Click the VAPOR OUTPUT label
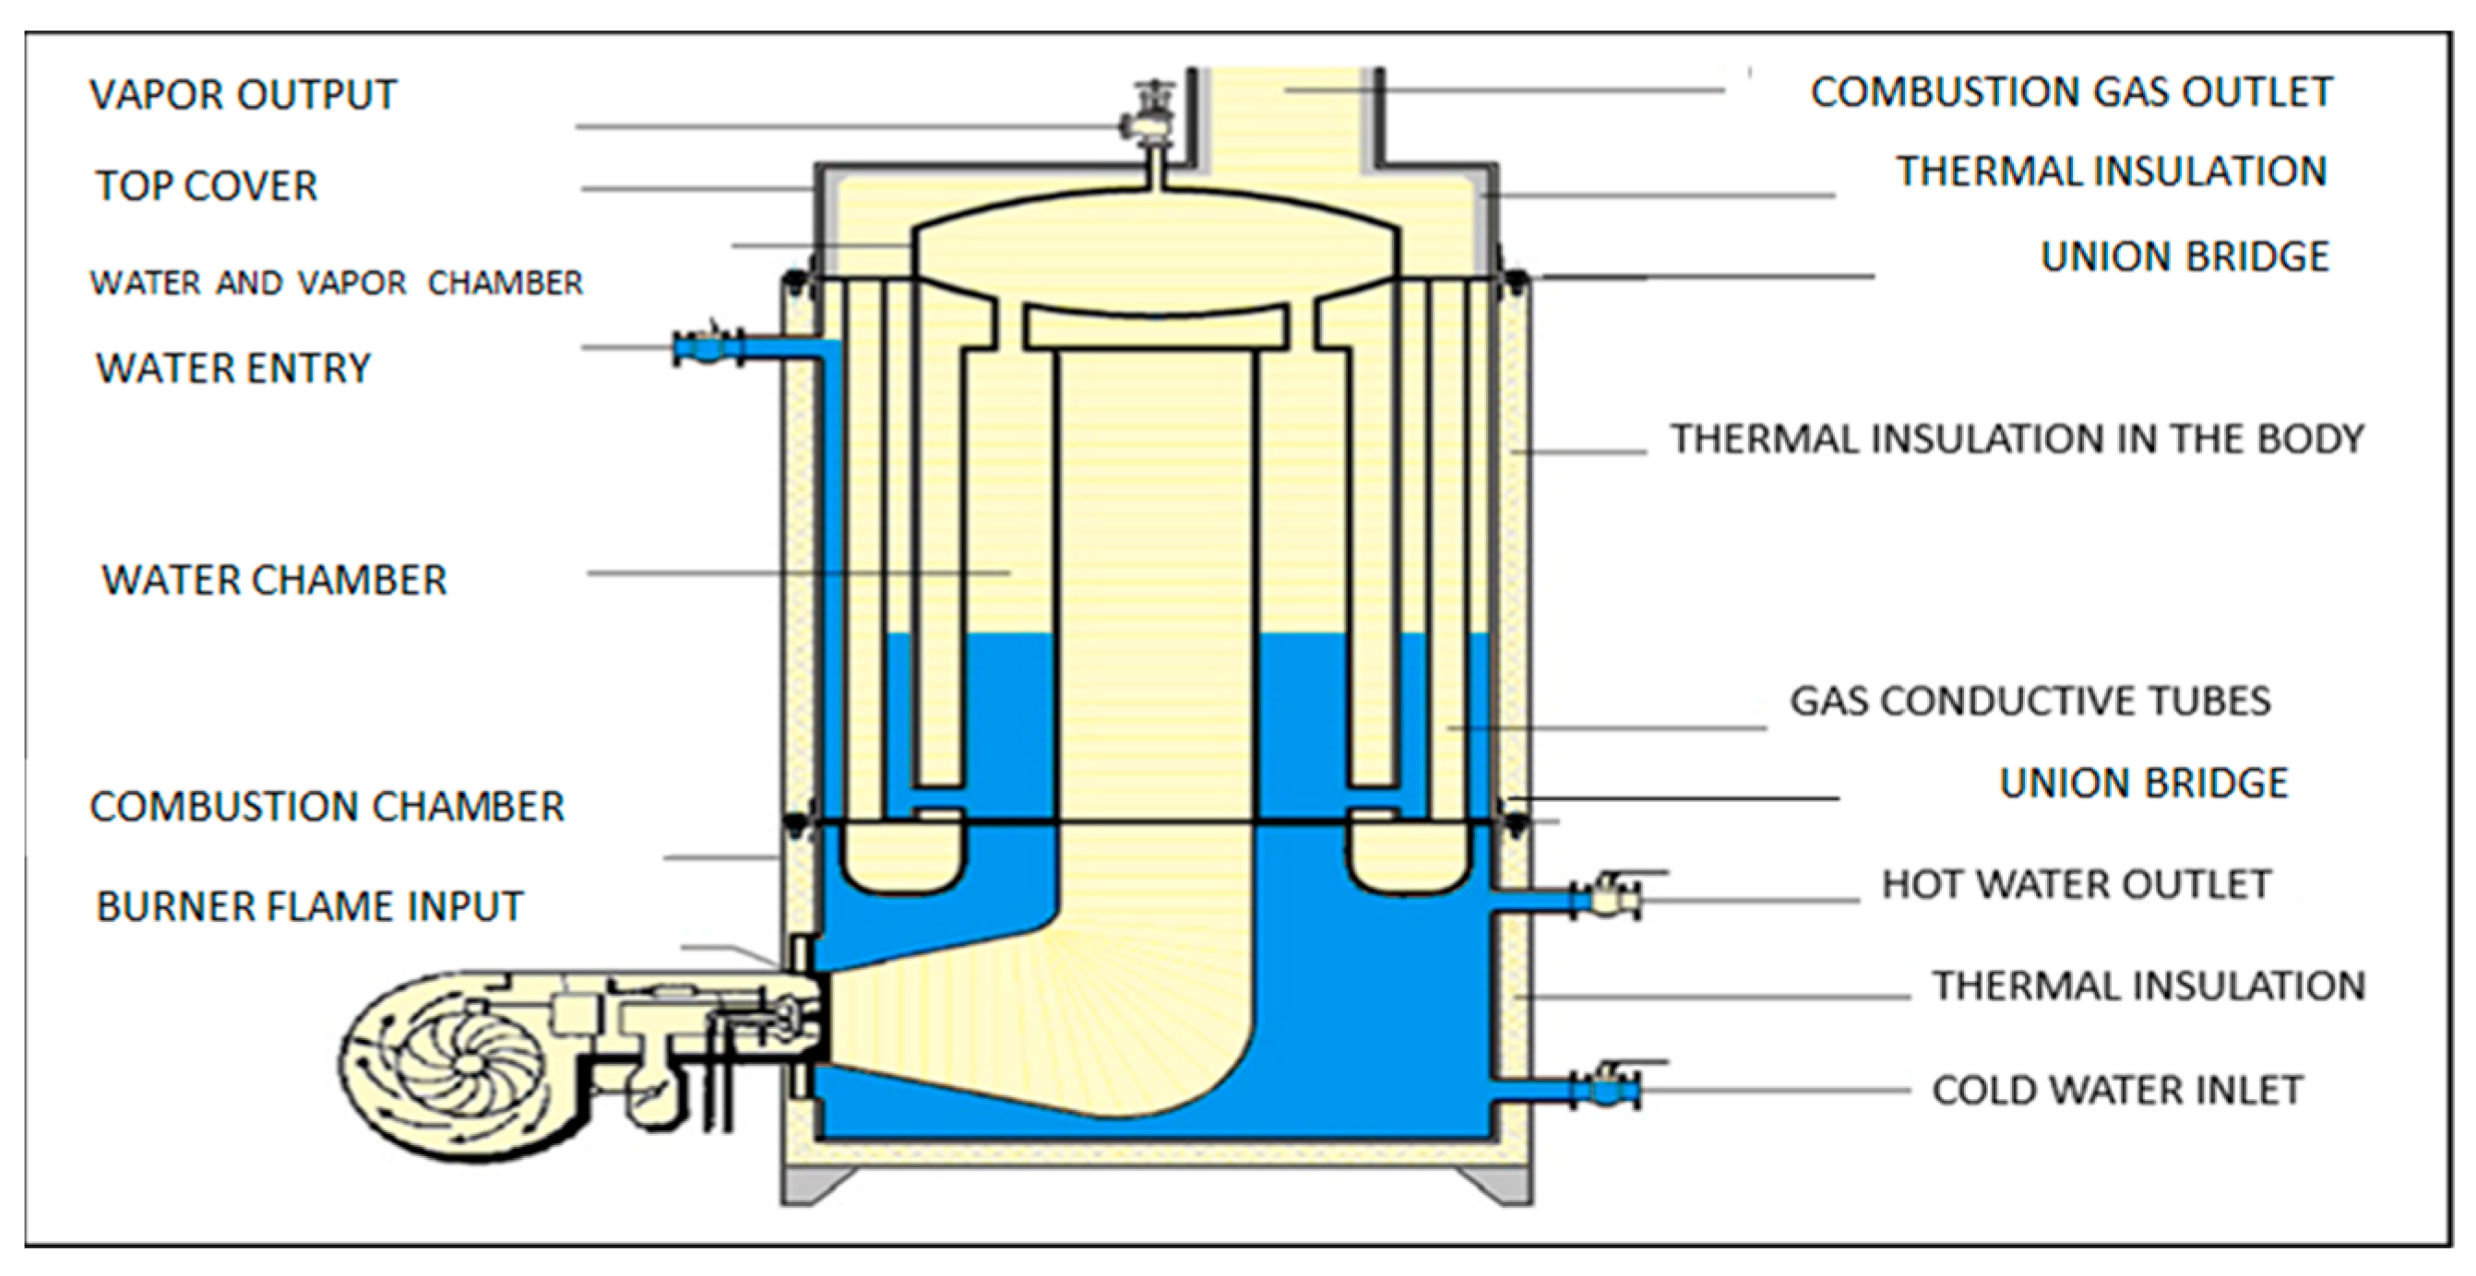point(243,94)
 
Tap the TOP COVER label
point(206,185)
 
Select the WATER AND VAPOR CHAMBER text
point(337,282)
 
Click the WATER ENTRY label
point(232,368)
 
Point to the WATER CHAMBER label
point(274,580)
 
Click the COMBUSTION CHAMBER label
point(327,806)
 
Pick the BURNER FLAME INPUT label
point(310,906)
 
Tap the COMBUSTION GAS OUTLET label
point(2071,92)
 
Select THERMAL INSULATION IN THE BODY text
point(2017,439)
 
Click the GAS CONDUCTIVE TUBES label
point(2030,701)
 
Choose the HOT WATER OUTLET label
point(2077,884)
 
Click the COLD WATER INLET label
point(2117,1090)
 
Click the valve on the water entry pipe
point(708,346)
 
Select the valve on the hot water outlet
point(1607,897)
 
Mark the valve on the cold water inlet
point(1607,1087)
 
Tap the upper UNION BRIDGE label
point(2184,256)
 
